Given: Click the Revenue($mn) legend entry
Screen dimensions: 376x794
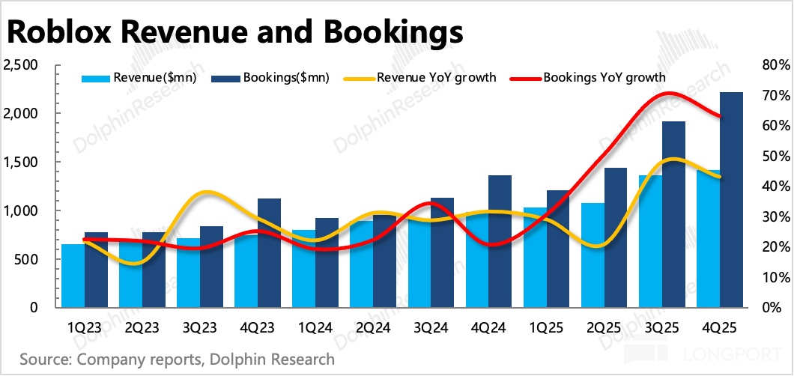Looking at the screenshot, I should click(139, 76).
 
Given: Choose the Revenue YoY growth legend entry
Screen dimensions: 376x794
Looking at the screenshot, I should click(419, 76).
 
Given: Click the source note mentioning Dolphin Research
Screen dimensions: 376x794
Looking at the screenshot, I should click(177, 360).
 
